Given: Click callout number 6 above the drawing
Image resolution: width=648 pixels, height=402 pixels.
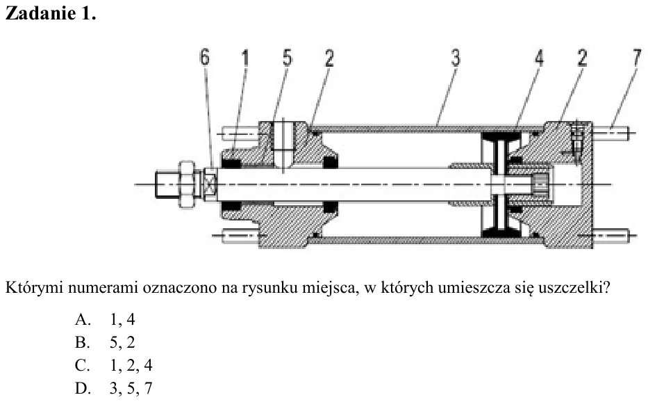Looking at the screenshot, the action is click(205, 57).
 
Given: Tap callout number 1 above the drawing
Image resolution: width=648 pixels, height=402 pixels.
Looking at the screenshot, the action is click(245, 58).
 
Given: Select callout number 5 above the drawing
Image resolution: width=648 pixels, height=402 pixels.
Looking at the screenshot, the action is click(288, 58).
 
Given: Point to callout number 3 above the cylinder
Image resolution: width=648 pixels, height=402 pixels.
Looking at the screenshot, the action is click(455, 58).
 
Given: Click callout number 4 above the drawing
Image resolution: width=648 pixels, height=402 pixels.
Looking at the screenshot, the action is click(540, 58).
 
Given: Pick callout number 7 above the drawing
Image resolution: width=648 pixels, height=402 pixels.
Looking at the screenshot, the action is click(638, 58).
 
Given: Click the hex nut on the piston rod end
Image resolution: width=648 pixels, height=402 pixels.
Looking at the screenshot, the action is click(186, 184).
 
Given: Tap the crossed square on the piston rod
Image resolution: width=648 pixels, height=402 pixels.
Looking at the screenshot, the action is click(210, 184).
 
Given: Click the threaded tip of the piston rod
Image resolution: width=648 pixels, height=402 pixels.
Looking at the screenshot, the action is click(167, 184).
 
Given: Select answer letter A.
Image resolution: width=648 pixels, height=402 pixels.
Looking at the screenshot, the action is click(83, 319).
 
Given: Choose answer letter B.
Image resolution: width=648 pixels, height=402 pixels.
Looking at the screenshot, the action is click(82, 342).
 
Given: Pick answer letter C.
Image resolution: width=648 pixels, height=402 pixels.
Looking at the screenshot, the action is click(82, 365).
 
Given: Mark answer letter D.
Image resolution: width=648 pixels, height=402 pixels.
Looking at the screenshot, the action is click(83, 388).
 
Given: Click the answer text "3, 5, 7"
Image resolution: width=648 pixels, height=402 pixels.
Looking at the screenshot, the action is click(131, 388).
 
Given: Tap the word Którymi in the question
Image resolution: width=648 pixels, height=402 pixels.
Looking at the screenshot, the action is click(34, 287).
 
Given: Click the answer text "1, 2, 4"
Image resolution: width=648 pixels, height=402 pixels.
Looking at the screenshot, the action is click(131, 365).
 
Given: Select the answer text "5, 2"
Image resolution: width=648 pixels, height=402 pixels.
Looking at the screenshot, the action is click(122, 342).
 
